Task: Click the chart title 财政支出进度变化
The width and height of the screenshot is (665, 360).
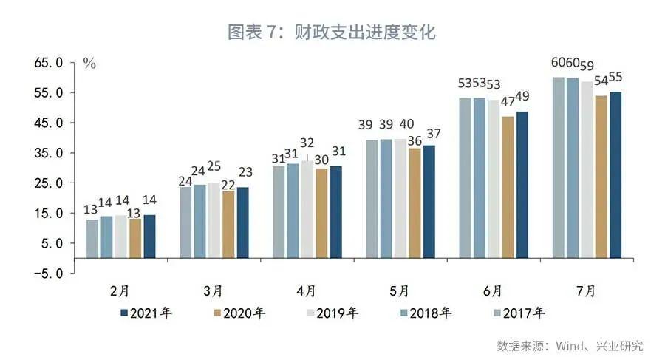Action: [333, 33]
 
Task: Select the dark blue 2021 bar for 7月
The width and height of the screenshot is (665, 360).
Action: [615, 174]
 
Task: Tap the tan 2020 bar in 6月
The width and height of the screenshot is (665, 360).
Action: [508, 186]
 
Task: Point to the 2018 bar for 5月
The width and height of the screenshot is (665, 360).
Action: [386, 198]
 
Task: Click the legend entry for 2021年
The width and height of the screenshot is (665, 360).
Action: [146, 313]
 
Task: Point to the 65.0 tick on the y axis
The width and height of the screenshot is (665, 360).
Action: [49, 63]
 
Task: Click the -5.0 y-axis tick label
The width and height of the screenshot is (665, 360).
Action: [49, 273]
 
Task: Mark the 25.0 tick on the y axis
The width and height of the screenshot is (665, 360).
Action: [49, 183]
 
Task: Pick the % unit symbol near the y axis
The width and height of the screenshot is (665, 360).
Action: [89, 64]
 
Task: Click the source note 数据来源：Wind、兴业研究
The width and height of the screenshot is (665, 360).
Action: [570, 345]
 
